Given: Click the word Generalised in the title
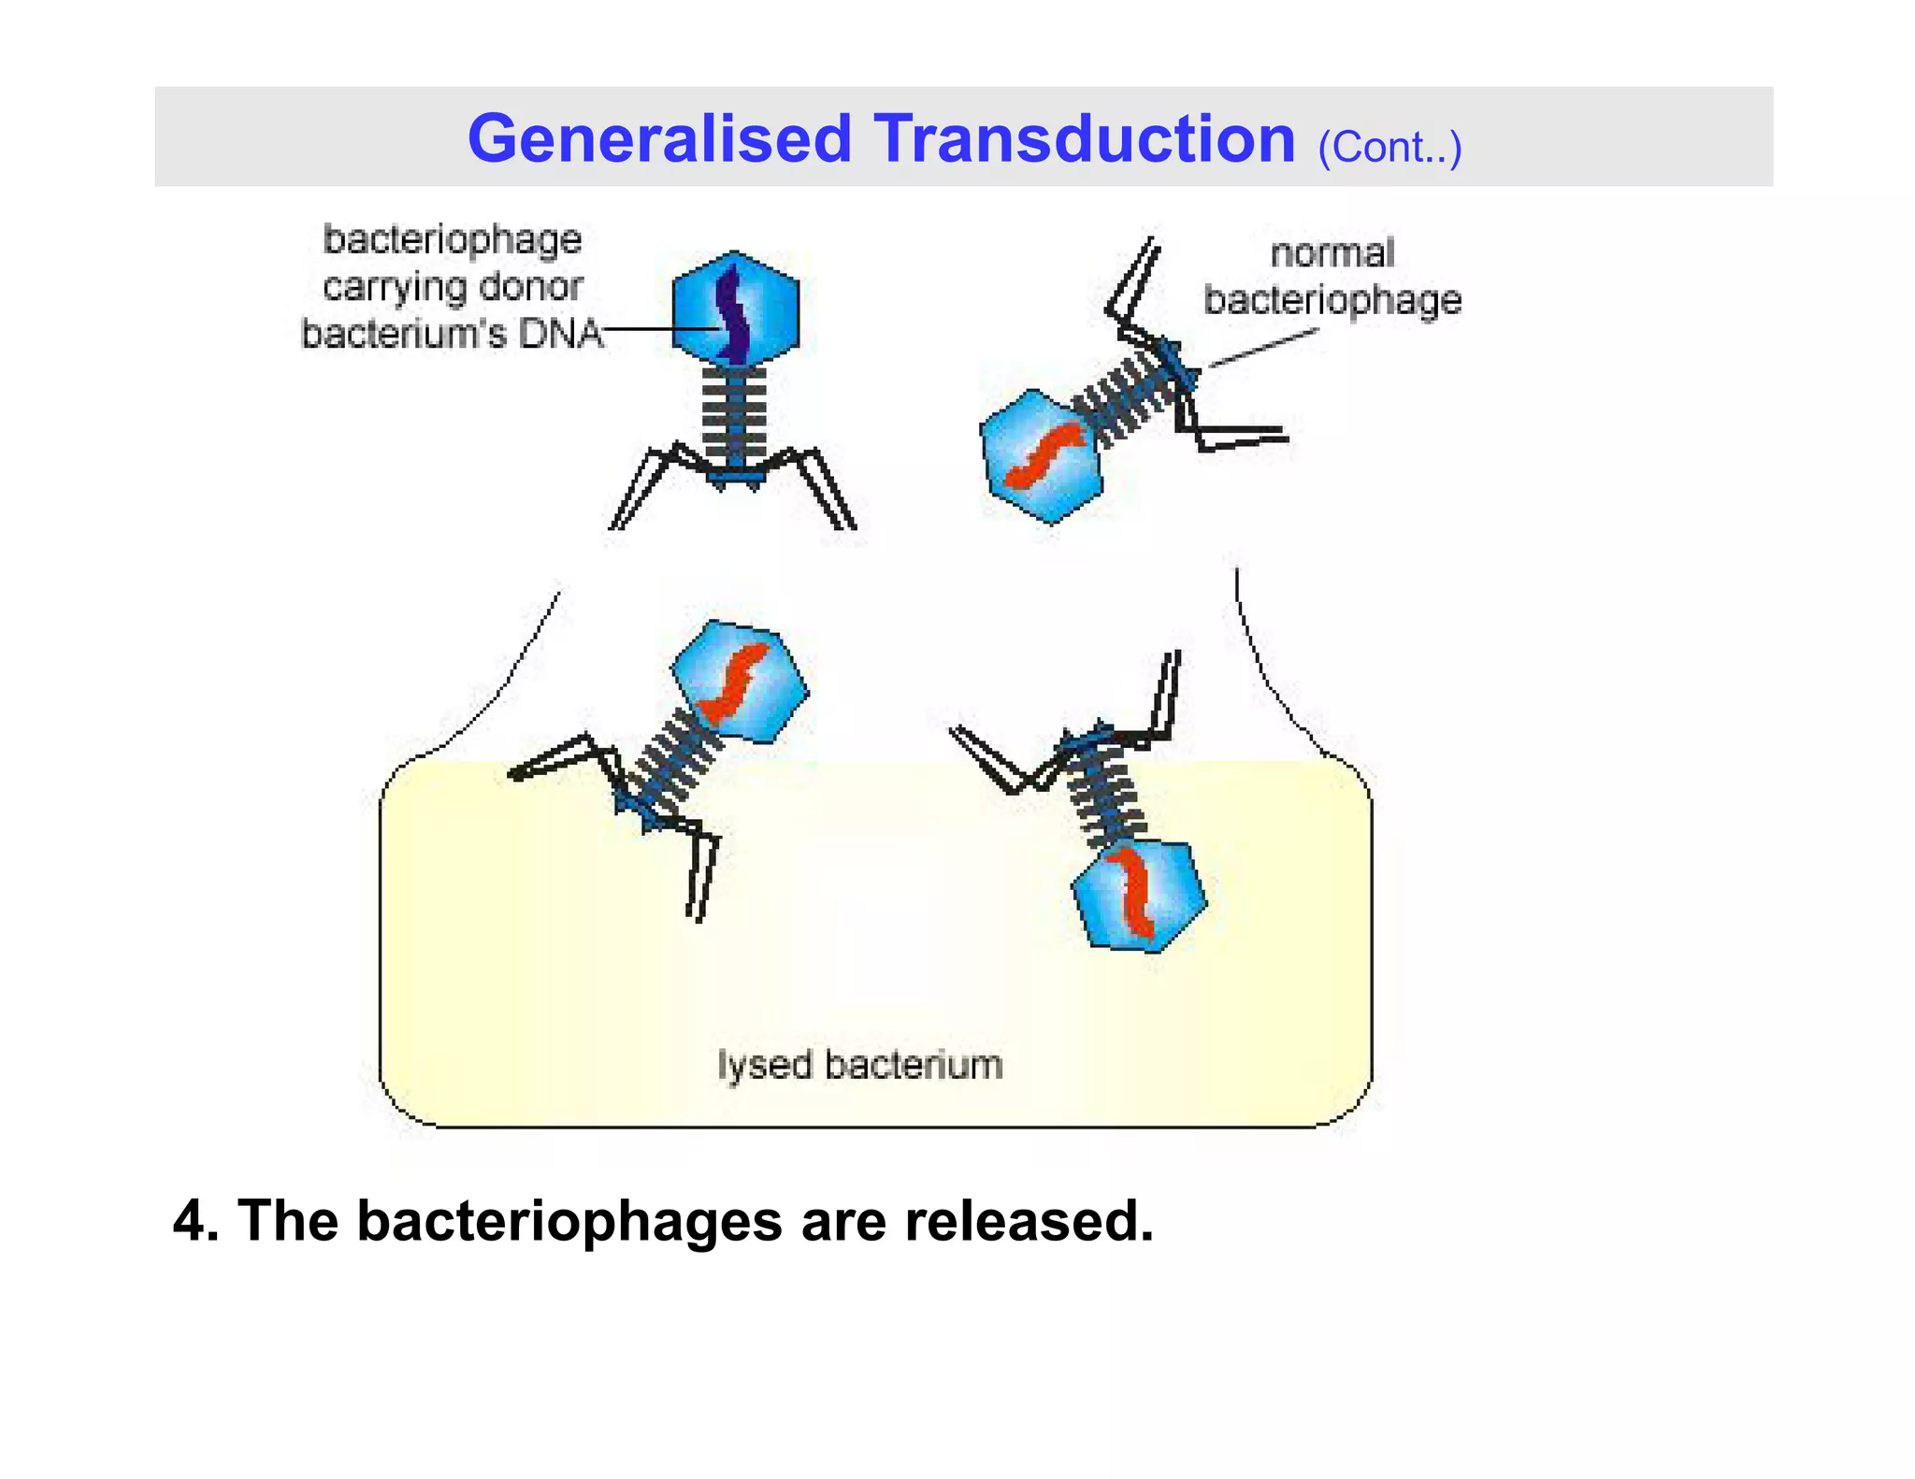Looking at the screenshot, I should coord(658,139).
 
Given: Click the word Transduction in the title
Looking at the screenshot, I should coord(1084,139).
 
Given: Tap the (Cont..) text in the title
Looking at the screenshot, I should coord(1389,148).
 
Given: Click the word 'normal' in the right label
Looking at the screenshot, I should coord(1332,253).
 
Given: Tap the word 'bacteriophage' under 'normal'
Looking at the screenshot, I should coord(1332,300).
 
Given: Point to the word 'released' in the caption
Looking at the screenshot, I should coord(1029,1221).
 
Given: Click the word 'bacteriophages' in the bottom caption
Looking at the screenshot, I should coord(569,1221).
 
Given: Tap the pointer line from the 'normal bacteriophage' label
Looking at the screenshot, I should coord(1262,348).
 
